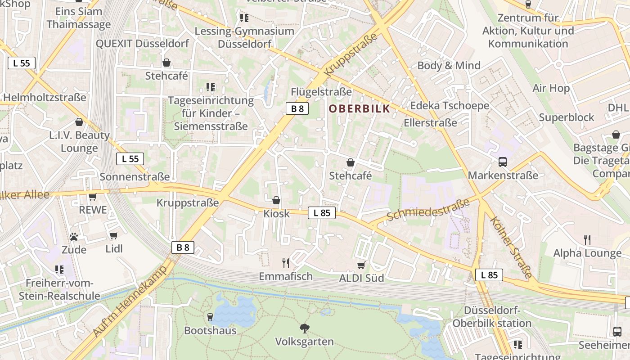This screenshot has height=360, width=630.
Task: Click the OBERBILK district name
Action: pos(359,109)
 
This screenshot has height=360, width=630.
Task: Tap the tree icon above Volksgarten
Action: pos(305,328)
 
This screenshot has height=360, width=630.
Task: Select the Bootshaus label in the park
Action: pos(210,330)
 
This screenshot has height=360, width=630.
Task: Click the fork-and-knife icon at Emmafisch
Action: pos(285,263)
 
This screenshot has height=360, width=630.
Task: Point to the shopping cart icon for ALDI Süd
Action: pos(361,265)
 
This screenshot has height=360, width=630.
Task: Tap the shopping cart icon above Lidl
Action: pos(113,235)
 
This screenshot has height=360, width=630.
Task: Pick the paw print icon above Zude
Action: pos(74,236)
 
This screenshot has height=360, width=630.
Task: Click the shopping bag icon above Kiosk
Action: pos(276,200)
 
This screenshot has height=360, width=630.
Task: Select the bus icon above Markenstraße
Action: pos(503,162)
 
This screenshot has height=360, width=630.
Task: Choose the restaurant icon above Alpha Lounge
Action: pos(587,239)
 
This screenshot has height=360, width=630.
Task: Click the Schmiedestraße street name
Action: pos(427,210)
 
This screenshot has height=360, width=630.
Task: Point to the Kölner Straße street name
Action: pos(511,247)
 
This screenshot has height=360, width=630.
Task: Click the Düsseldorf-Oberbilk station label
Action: pos(492,317)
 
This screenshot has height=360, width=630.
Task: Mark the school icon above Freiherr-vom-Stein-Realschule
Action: pos(59,270)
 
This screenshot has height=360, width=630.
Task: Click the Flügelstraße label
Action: pos(321,92)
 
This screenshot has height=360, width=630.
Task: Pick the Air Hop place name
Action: pos(551,88)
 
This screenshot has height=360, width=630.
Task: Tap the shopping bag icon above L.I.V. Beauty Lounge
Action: pos(79,122)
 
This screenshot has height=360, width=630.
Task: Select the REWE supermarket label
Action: pos(93,210)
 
